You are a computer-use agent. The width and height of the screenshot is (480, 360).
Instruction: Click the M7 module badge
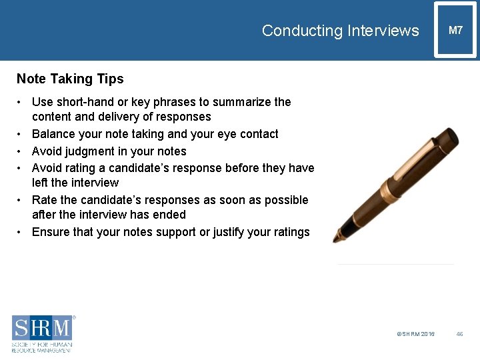456,30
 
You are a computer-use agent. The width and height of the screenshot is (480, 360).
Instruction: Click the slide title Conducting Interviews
340,31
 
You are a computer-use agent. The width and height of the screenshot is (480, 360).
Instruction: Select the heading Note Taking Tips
70,79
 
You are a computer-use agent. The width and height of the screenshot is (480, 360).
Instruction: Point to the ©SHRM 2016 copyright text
415,334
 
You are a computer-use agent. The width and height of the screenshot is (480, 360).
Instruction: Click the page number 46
459,334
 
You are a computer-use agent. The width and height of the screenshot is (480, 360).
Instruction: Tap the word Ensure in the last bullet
50,232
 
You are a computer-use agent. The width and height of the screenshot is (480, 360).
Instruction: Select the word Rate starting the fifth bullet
45,200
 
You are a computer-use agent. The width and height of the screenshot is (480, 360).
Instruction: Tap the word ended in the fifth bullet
170,215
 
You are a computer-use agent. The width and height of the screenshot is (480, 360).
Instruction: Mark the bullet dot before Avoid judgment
21,151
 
